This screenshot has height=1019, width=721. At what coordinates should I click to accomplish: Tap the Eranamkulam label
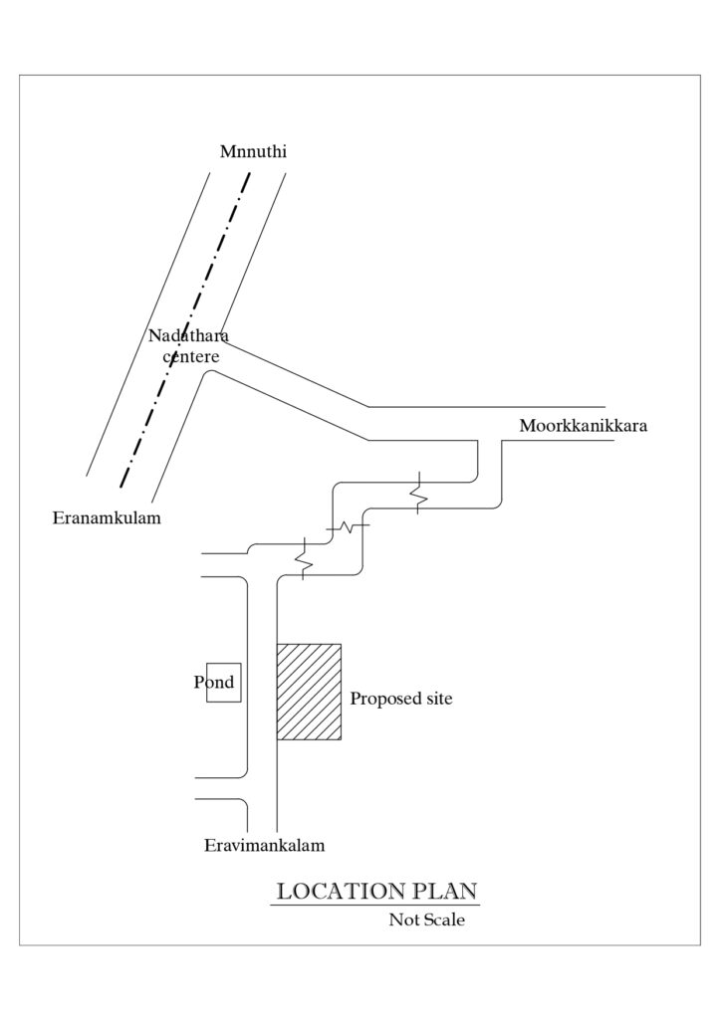(x=106, y=518)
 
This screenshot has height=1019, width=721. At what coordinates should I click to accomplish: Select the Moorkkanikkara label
(x=584, y=426)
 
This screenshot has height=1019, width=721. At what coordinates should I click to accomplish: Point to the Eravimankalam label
(x=265, y=846)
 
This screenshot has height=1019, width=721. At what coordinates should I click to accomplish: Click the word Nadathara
(x=188, y=335)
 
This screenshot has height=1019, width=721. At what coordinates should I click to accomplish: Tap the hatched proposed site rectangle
(x=309, y=692)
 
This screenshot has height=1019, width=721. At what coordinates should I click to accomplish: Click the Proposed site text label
(x=401, y=700)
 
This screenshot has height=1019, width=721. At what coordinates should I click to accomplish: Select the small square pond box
(x=224, y=683)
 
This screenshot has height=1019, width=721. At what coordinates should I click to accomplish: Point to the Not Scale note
(x=426, y=919)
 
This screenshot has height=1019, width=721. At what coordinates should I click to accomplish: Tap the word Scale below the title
(x=443, y=919)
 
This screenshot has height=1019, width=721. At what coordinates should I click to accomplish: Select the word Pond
(x=214, y=683)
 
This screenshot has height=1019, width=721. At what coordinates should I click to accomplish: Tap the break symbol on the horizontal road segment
(x=348, y=524)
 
